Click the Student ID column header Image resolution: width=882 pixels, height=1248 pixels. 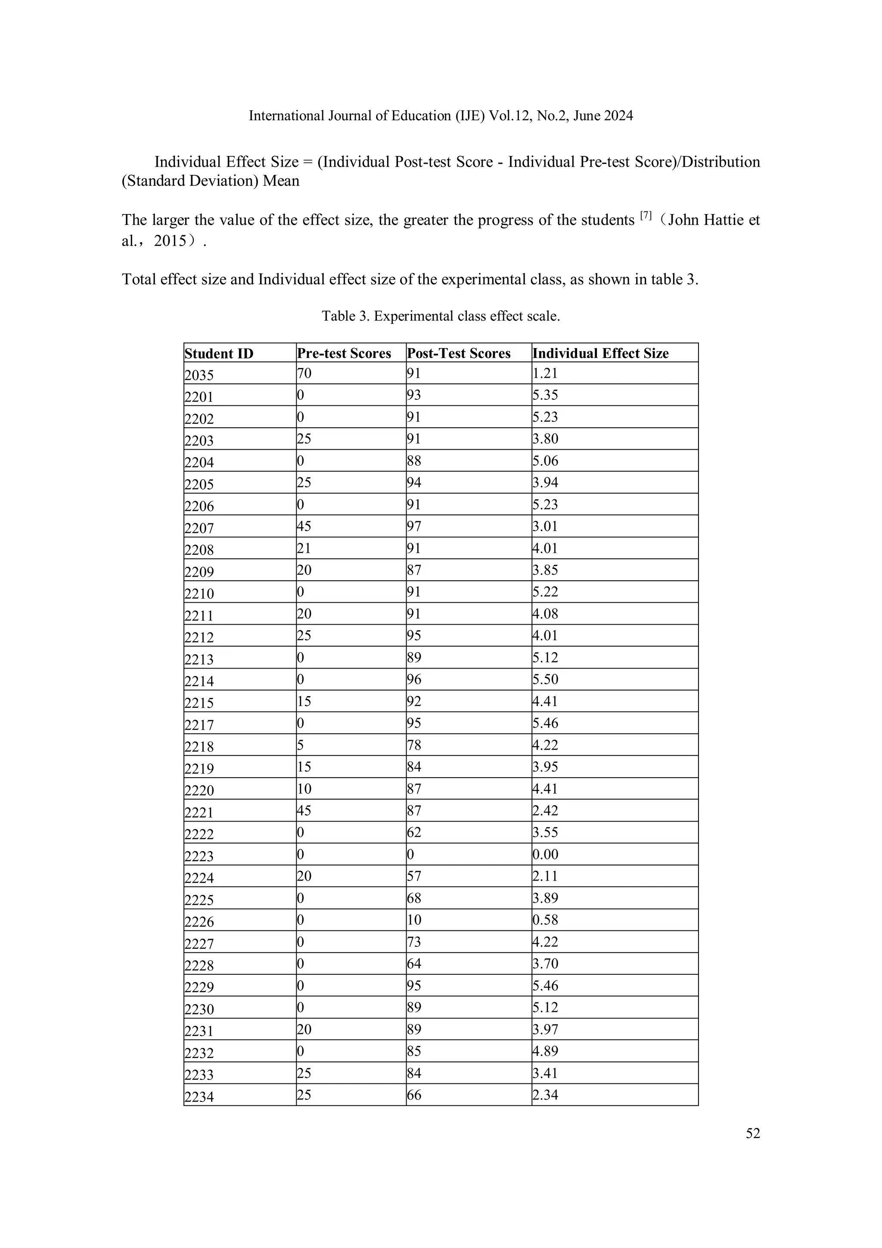click(219, 354)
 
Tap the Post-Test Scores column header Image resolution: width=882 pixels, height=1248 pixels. click(459, 354)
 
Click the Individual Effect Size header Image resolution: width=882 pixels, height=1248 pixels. click(600, 354)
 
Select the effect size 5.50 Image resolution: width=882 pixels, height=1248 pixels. click(545, 679)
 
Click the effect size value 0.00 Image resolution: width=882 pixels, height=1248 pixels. click(545, 854)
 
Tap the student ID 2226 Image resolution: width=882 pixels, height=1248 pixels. click(199, 922)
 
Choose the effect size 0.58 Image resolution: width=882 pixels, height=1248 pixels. click(545, 920)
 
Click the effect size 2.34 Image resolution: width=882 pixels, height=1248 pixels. click(545, 1095)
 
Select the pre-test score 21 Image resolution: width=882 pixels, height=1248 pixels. click(304, 548)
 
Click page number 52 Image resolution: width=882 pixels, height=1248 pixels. click(753, 1133)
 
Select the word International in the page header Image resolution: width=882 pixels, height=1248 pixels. click(282, 116)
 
